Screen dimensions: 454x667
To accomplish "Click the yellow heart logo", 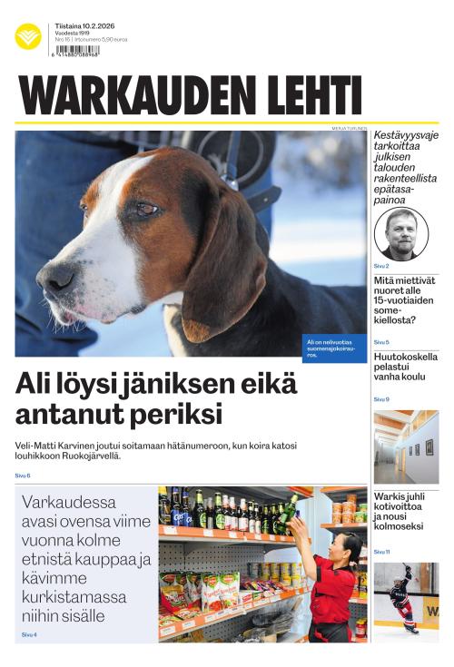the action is pos(28,36).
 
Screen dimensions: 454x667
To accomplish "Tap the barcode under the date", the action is pos(76,51).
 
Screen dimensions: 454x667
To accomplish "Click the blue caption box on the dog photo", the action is pos(334,348).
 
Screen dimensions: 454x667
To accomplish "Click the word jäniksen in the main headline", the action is pos(181,385).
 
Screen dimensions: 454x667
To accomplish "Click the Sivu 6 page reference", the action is pos(23,476).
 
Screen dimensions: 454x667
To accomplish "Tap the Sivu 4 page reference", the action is pos(29,634).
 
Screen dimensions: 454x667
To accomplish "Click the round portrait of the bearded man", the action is pos(400,233).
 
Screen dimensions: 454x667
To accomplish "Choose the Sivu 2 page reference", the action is pos(381,266).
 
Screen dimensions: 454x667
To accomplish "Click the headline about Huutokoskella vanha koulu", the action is pos(405,369).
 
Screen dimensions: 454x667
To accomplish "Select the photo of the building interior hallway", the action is pos(406,446).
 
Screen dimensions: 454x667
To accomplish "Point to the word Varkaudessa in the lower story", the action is pos(68,502).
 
